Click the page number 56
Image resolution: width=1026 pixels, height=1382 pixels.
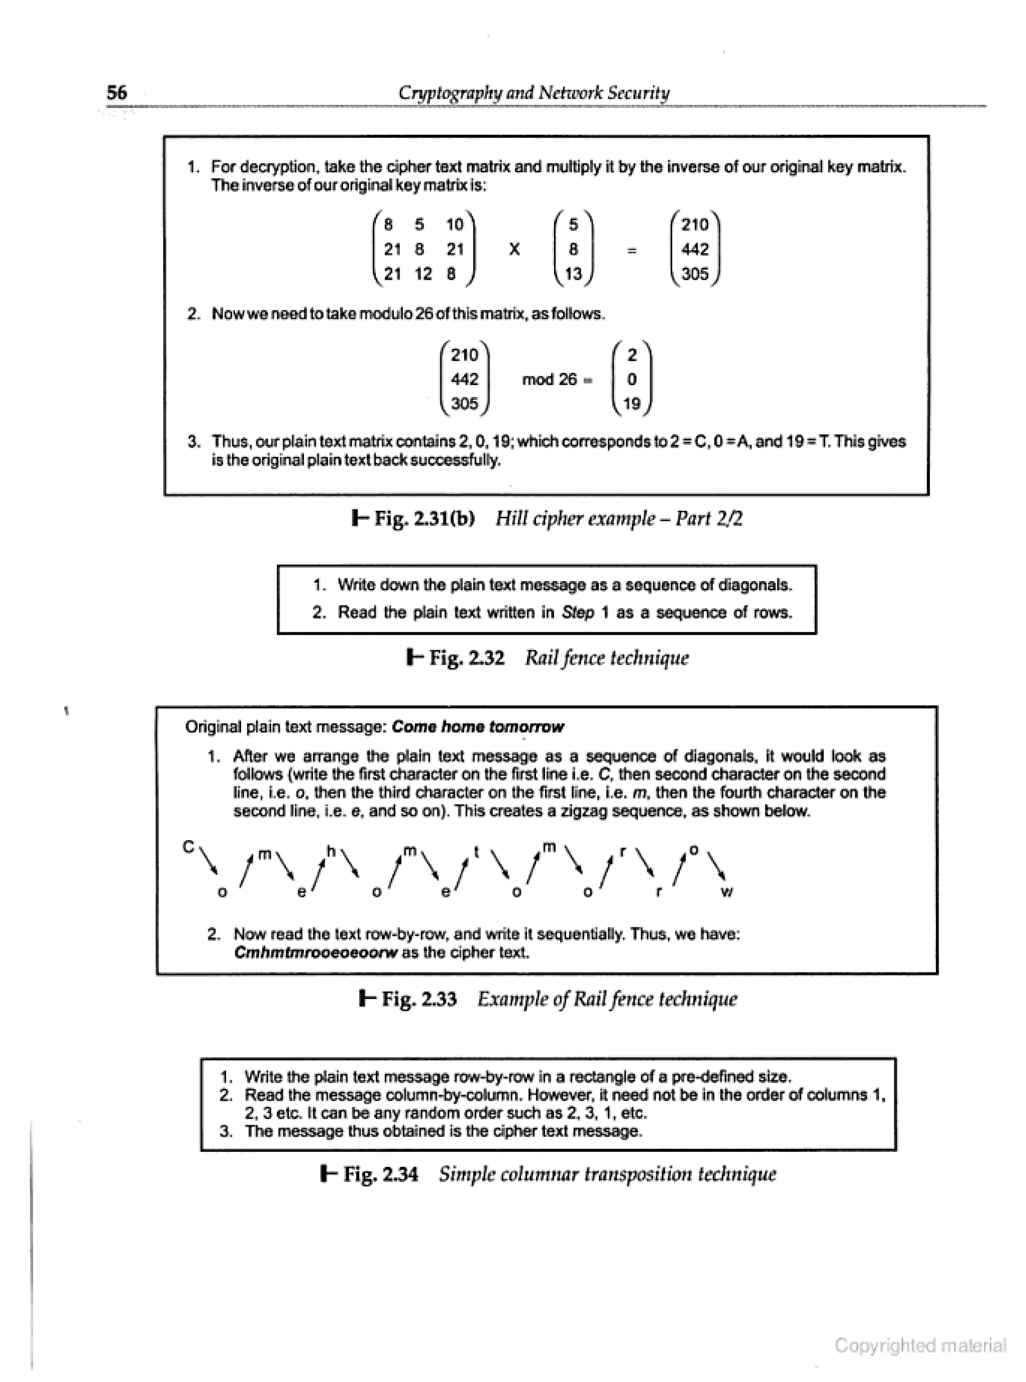117,93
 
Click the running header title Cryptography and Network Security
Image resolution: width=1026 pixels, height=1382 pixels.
534,93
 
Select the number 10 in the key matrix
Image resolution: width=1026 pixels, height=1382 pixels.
455,225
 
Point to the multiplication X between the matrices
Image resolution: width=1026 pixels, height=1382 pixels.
514,249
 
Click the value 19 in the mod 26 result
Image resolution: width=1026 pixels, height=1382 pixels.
632,404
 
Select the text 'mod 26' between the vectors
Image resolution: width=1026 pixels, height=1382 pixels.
549,379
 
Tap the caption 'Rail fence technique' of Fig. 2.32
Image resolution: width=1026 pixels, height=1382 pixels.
606,658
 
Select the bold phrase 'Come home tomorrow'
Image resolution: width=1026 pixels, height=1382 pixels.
477,726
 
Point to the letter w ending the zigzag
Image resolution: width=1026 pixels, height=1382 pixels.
727,893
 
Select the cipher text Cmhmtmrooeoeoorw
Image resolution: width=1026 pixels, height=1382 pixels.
316,952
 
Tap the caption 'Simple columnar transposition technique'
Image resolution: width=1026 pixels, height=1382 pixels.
607,1174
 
